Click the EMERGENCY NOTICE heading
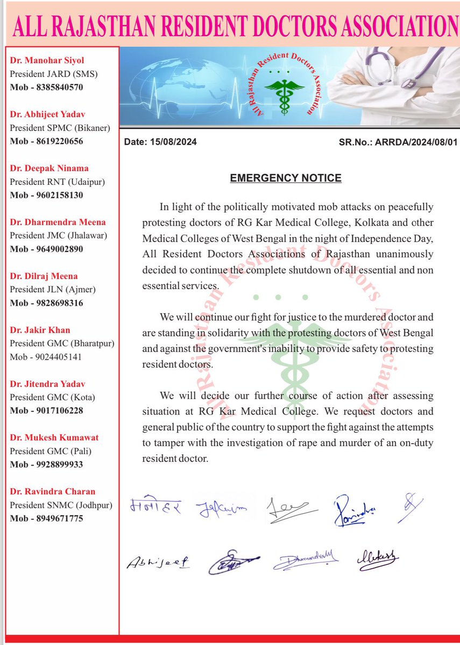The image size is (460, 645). (x=286, y=178)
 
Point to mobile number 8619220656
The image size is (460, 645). (x=54, y=141)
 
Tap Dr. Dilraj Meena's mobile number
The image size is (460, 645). (x=54, y=303)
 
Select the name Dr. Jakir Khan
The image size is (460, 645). (x=40, y=330)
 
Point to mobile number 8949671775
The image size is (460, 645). (x=54, y=518)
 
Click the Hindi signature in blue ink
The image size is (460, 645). (x=156, y=506)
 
